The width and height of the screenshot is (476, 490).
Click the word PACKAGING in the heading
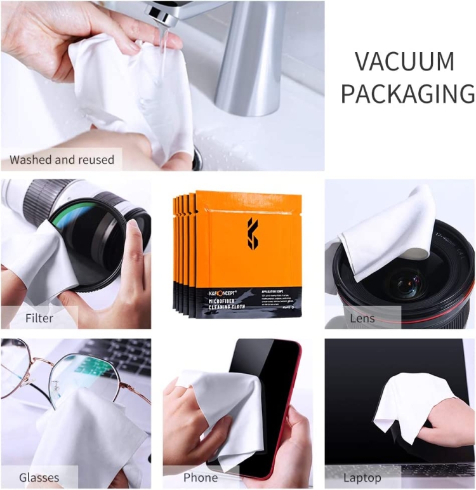[407, 93]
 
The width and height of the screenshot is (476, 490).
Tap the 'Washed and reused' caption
[62, 159]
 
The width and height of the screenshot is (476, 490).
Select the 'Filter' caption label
[39, 317]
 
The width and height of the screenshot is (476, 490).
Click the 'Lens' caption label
[362, 317]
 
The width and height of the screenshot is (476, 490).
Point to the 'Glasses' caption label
[39, 477]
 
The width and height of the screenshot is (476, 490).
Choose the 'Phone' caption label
[201, 477]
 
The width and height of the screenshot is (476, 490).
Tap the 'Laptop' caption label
[362, 477]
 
